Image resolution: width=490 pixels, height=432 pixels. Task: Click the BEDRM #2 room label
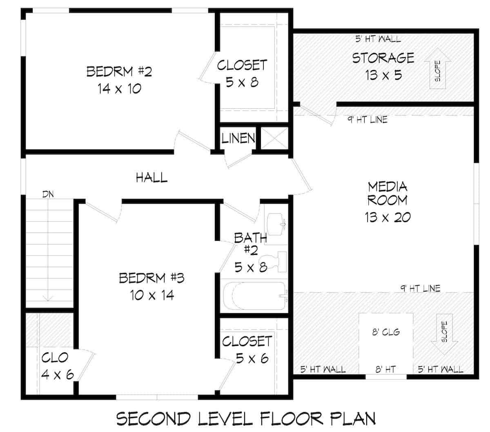click(x=119, y=80)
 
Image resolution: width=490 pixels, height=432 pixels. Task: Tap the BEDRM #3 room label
click(x=151, y=286)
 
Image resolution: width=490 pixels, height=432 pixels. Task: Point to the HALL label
click(x=151, y=177)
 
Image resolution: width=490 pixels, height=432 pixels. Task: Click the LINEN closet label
click(x=238, y=138)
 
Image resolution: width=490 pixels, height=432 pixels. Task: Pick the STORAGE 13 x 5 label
click(x=383, y=66)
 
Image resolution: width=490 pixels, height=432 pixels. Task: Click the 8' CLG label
click(x=385, y=332)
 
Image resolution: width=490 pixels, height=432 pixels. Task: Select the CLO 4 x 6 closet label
click(x=57, y=366)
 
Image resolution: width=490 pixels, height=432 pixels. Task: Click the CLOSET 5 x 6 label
click(x=247, y=350)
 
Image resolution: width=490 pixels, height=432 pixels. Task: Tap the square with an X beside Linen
click(x=274, y=138)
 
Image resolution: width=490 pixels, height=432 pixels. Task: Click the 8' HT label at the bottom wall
click(x=385, y=370)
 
